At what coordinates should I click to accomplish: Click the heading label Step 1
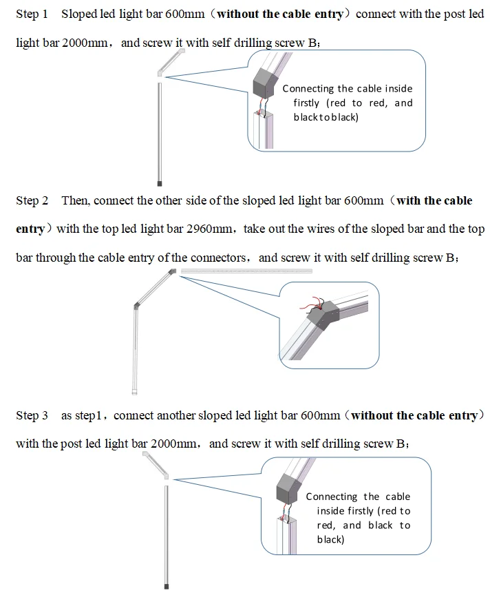pos(32,14)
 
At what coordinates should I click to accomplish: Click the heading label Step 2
pos(32,201)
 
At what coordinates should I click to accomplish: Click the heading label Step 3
pos(32,415)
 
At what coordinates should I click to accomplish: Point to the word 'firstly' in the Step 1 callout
pos(306,103)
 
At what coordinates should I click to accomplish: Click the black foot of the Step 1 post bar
pos(160,184)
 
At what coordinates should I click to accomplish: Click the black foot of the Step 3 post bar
pos(166,586)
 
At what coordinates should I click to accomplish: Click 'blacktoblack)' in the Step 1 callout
pos(326,118)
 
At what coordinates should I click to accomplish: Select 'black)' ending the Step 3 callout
pos(330,539)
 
